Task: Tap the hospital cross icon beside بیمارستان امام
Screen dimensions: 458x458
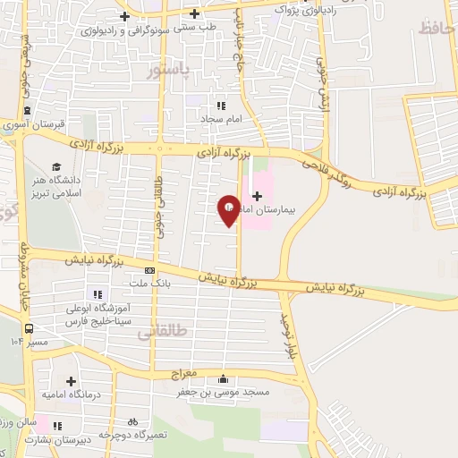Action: pyautogui.click(x=257, y=195)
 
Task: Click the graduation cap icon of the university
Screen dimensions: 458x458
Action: pyautogui.click(x=56, y=166)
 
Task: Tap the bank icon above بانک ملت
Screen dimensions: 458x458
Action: pyautogui.click(x=149, y=269)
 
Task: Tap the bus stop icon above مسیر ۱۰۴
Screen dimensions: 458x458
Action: pyautogui.click(x=30, y=327)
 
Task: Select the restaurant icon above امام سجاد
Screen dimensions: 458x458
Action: pyautogui.click(x=220, y=106)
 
